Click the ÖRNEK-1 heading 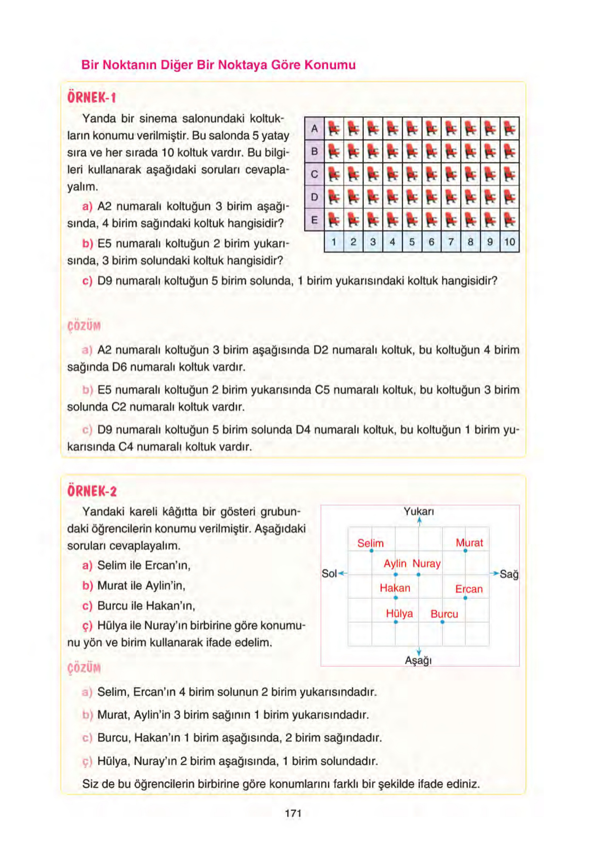[x=92, y=98]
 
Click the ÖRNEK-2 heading [x=92, y=491]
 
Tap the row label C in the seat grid [x=314, y=174]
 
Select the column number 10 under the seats [x=509, y=242]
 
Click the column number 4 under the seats [x=392, y=242]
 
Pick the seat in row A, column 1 [x=334, y=129]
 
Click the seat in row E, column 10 [x=509, y=220]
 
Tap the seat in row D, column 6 [x=431, y=197]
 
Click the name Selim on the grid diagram [x=370, y=543]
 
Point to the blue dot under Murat [x=465, y=551]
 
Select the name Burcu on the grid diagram [x=444, y=614]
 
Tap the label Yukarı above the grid [x=419, y=511]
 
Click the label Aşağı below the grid [x=418, y=661]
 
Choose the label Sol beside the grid [x=329, y=573]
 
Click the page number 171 [x=293, y=813]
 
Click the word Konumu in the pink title [x=330, y=65]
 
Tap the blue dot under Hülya [x=395, y=622]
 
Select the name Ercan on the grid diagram [x=469, y=589]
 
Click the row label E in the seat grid [x=314, y=220]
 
